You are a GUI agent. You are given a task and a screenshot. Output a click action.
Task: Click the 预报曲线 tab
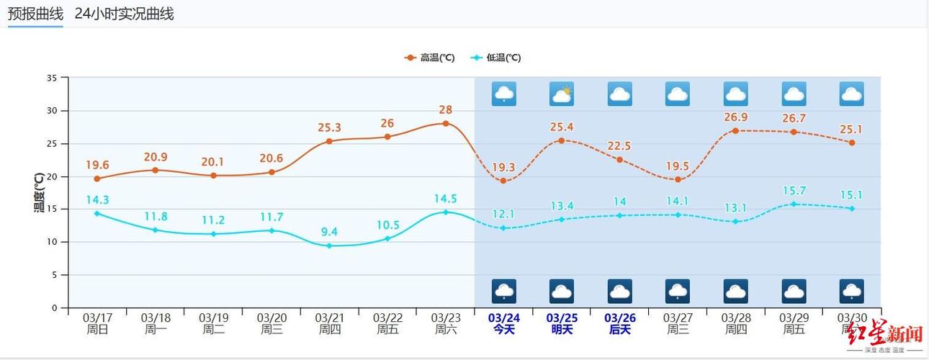(35, 14)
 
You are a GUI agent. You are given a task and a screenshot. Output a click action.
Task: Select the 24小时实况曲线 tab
(124, 14)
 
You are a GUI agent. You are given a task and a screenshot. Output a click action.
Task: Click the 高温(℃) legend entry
(430, 58)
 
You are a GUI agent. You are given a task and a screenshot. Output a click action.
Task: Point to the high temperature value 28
(445, 110)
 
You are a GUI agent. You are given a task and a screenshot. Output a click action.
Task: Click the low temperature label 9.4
(329, 232)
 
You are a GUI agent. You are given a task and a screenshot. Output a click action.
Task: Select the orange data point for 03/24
(503, 181)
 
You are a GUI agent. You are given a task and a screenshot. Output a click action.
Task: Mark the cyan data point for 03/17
(97, 213)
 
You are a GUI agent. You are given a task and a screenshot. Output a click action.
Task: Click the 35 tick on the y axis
(52, 78)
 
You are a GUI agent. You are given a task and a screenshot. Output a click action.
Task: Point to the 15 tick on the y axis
(52, 210)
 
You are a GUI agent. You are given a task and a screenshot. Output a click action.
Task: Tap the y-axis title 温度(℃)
(39, 192)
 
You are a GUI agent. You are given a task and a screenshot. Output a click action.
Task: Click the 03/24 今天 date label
(503, 323)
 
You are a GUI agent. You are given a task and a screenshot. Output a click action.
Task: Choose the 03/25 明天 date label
(562, 323)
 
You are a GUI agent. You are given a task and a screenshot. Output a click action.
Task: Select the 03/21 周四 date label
(329, 323)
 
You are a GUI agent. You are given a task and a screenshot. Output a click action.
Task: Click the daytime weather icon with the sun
(562, 94)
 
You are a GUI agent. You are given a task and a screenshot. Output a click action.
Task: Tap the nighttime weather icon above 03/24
(503, 292)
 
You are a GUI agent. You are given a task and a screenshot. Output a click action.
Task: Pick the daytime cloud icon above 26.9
(735, 94)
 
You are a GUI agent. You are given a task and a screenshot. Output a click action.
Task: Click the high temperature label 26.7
(794, 118)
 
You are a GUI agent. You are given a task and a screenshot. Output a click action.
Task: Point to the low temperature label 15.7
(794, 191)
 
